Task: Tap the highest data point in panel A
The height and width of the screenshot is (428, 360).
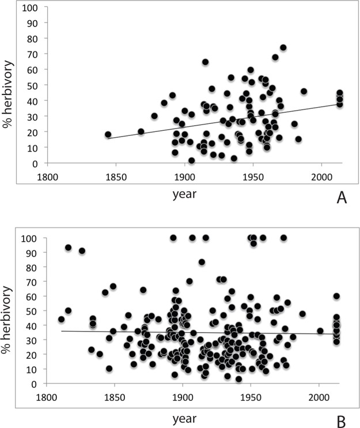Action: (283, 48)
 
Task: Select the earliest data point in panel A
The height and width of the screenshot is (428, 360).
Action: (108, 134)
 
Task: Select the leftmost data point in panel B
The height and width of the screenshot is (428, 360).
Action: (62, 319)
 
